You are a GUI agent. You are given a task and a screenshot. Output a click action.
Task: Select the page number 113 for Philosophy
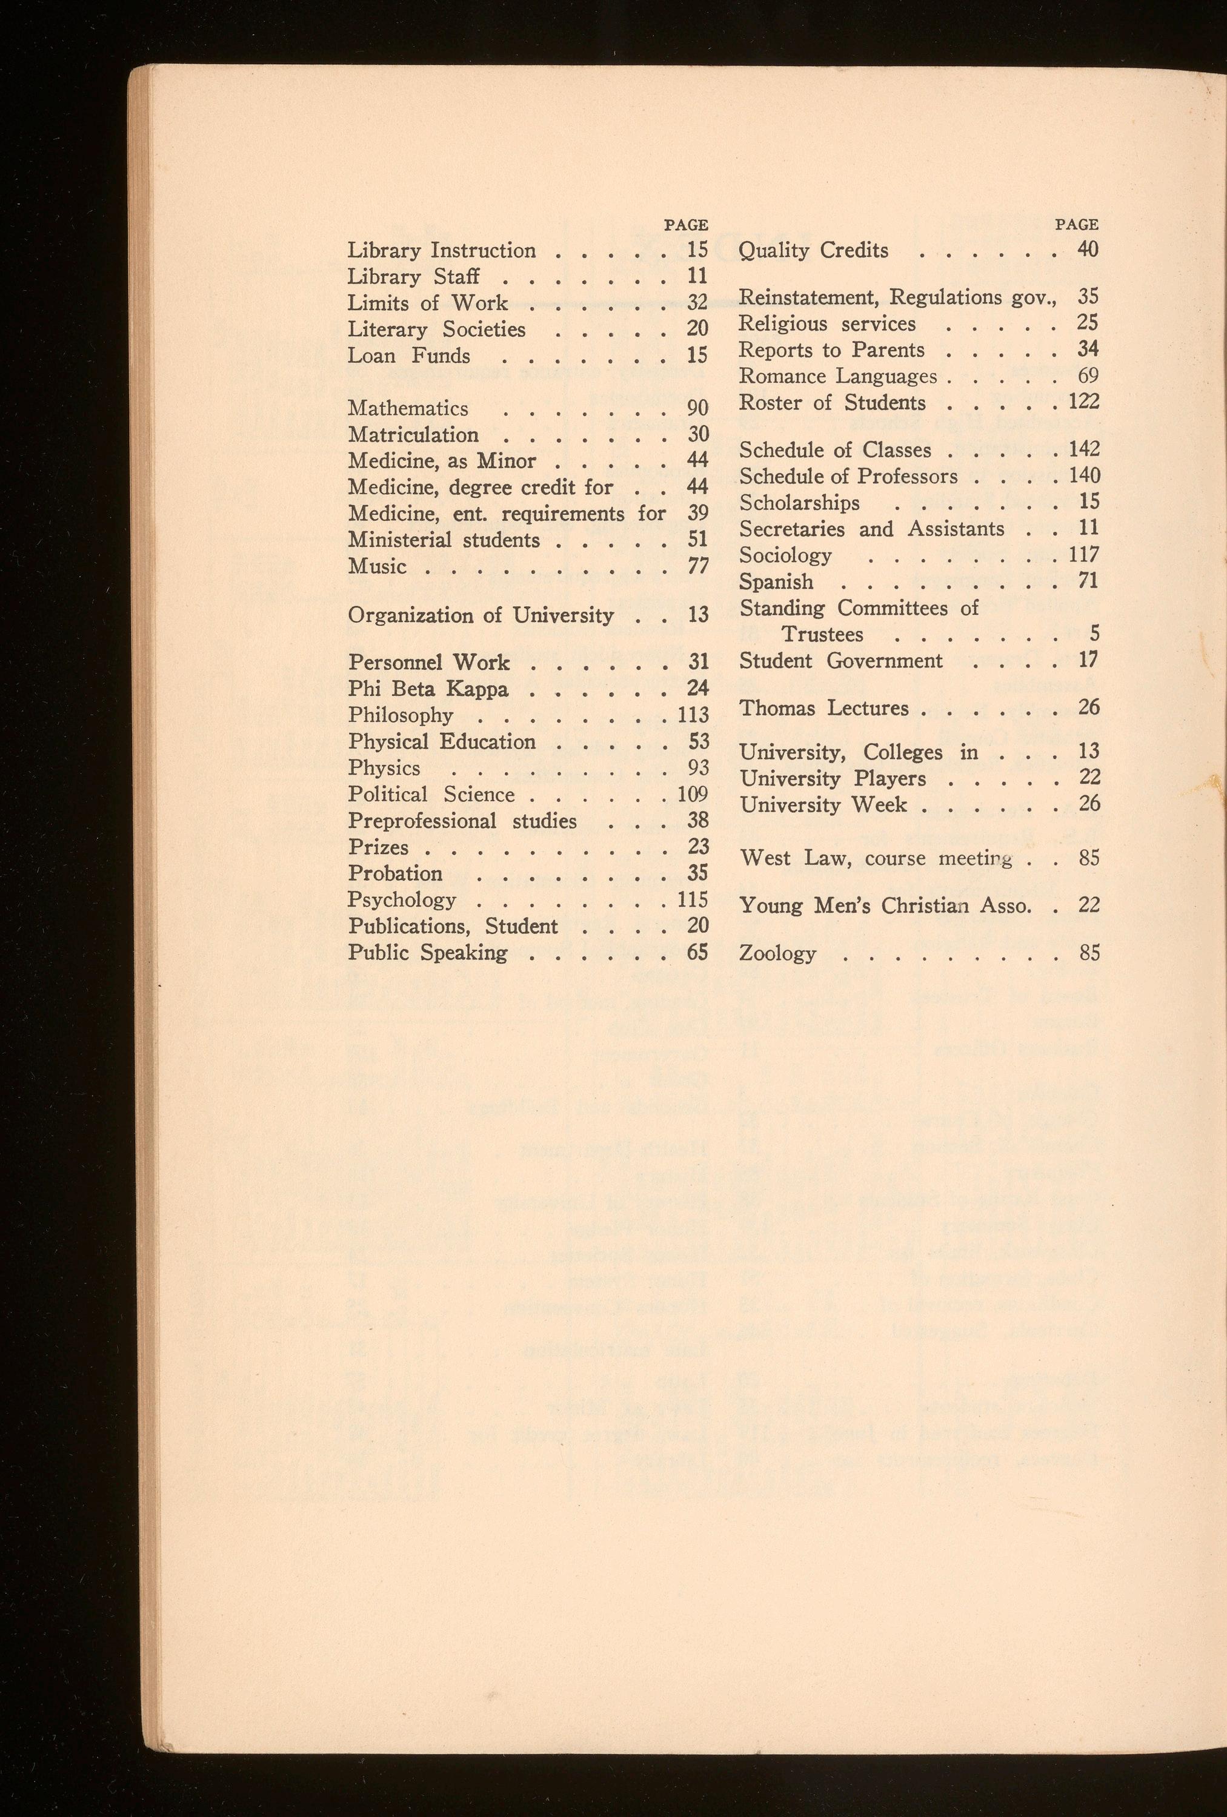coord(693,715)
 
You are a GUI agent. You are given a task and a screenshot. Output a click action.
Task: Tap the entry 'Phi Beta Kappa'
coord(428,689)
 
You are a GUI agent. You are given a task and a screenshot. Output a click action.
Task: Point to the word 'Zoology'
coord(777,953)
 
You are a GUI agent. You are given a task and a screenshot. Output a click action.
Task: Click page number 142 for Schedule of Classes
coord(1084,449)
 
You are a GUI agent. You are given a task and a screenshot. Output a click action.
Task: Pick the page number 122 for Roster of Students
coord(1084,402)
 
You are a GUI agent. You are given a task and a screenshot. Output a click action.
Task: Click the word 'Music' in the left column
coord(377,566)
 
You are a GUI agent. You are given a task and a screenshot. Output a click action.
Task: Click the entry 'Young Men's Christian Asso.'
coord(885,905)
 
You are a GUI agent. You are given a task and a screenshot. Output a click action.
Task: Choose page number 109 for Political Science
coord(693,795)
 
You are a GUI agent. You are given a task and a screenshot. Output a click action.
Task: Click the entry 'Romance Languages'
coord(837,377)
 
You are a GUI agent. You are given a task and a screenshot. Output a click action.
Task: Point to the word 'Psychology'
coord(402,900)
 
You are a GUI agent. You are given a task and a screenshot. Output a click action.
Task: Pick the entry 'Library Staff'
coord(414,277)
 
